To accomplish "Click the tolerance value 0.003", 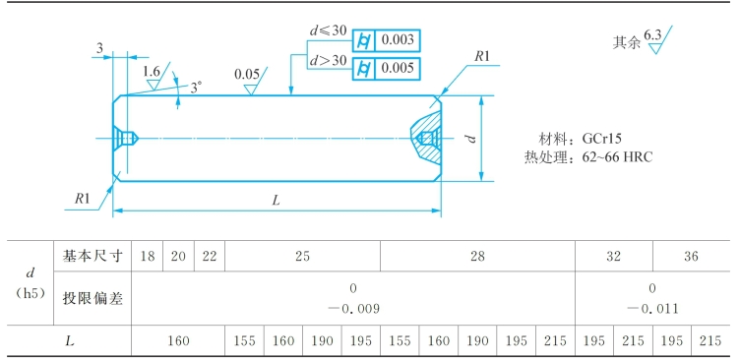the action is (398, 39).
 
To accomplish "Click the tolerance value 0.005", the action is (398, 68).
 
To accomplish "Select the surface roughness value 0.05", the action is (246, 75).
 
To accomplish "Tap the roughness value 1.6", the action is (152, 72).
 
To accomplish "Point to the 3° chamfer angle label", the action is (196, 88).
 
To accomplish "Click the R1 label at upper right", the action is (482, 57).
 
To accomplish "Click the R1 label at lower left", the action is (82, 199).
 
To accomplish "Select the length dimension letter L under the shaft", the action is (277, 200).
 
